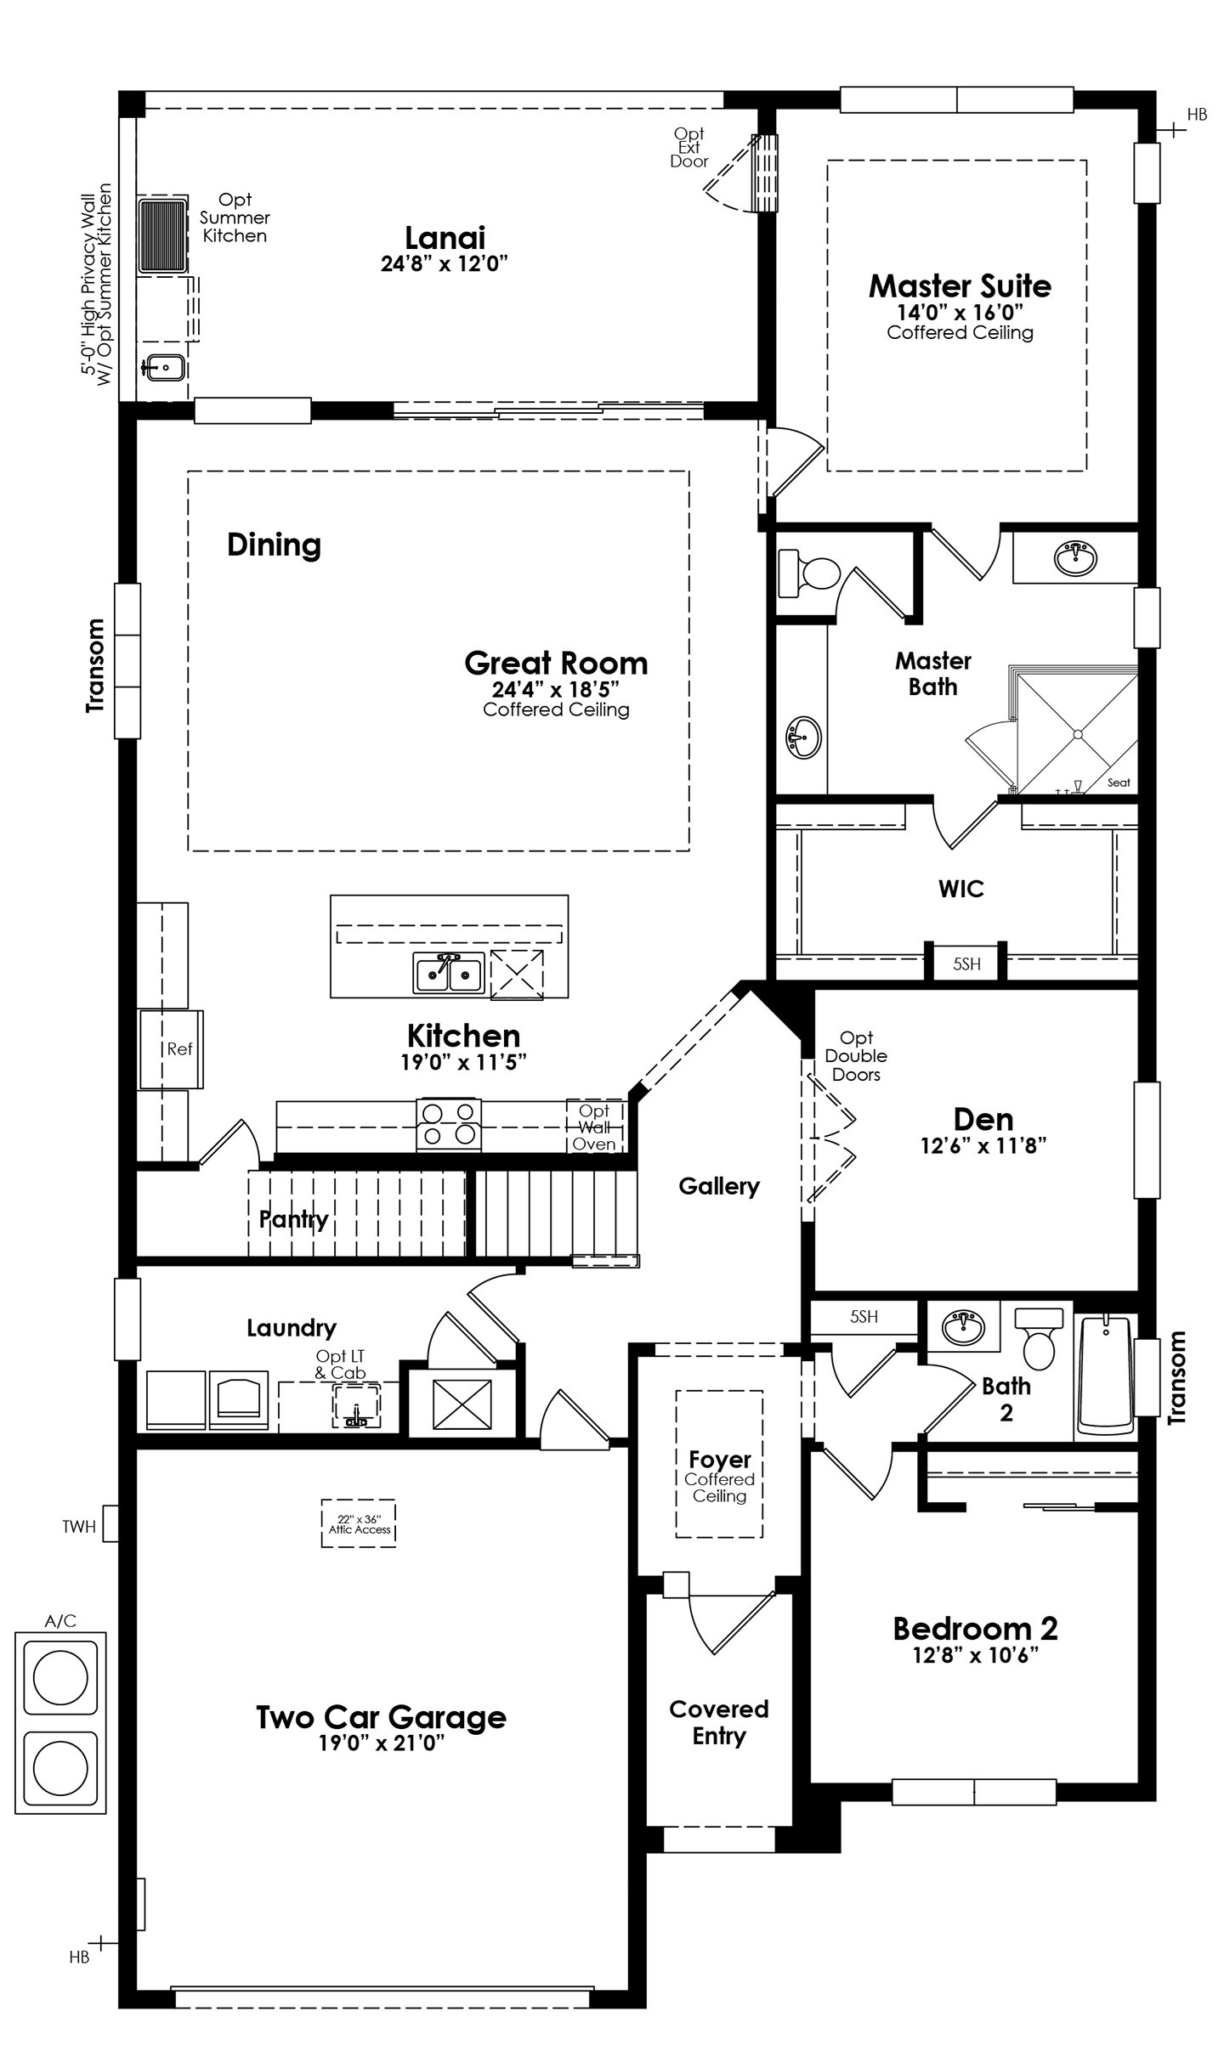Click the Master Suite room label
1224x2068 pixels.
(x=960, y=286)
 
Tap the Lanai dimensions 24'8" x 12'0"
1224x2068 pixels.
(x=444, y=263)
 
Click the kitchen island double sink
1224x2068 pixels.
(x=449, y=972)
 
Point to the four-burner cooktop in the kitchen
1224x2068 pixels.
(x=448, y=1125)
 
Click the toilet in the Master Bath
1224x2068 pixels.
(x=809, y=571)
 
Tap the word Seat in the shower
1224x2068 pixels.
(x=1119, y=783)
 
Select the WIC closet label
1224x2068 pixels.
(x=961, y=889)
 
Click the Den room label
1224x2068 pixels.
(x=983, y=1119)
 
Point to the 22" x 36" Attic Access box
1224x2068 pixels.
(x=359, y=1524)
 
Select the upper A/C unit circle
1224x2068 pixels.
(x=60, y=1679)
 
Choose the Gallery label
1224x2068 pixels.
(x=719, y=1186)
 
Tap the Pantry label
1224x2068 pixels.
(x=293, y=1220)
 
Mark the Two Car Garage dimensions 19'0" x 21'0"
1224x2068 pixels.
(x=382, y=1743)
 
